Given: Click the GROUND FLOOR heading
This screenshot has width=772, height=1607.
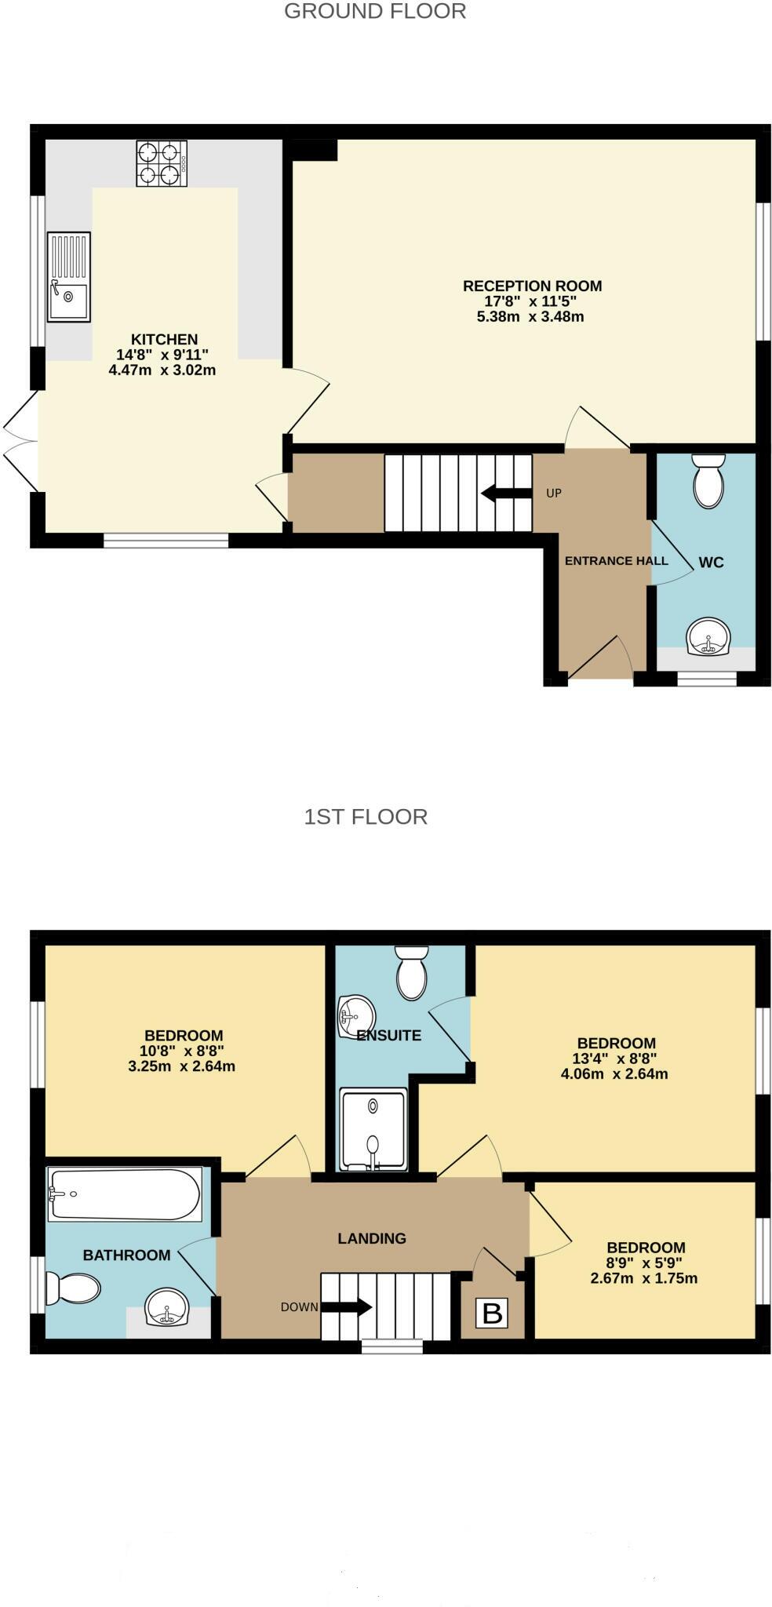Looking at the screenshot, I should [x=374, y=11].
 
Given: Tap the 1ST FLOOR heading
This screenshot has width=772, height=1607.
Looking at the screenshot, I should [x=366, y=816].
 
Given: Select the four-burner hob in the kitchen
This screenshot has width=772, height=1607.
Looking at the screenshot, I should [x=162, y=163].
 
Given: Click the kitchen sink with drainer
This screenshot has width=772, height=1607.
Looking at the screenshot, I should [x=68, y=276].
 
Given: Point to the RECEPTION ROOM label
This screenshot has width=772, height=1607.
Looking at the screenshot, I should [x=532, y=286].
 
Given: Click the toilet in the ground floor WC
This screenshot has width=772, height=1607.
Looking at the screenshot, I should [x=708, y=481].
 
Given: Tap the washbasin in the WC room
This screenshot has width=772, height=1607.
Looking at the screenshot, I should [x=708, y=636].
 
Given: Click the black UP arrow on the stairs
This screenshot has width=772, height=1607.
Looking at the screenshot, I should [x=506, y=493].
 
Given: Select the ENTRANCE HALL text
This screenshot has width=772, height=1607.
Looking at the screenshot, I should [x=616, y=560].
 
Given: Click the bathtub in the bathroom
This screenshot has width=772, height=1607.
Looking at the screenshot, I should [x=125, y=1193].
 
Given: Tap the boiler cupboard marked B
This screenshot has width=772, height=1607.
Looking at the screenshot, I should [x=492, y=1313].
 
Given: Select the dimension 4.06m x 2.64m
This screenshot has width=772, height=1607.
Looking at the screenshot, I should [x=614, y=1074].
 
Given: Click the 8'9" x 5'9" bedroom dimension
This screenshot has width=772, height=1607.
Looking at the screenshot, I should [x=645, y=1263].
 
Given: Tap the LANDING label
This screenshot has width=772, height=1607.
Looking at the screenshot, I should [x=372, y=1238].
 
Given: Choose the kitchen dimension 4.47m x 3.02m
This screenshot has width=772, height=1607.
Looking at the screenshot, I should [x=162, y=370].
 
